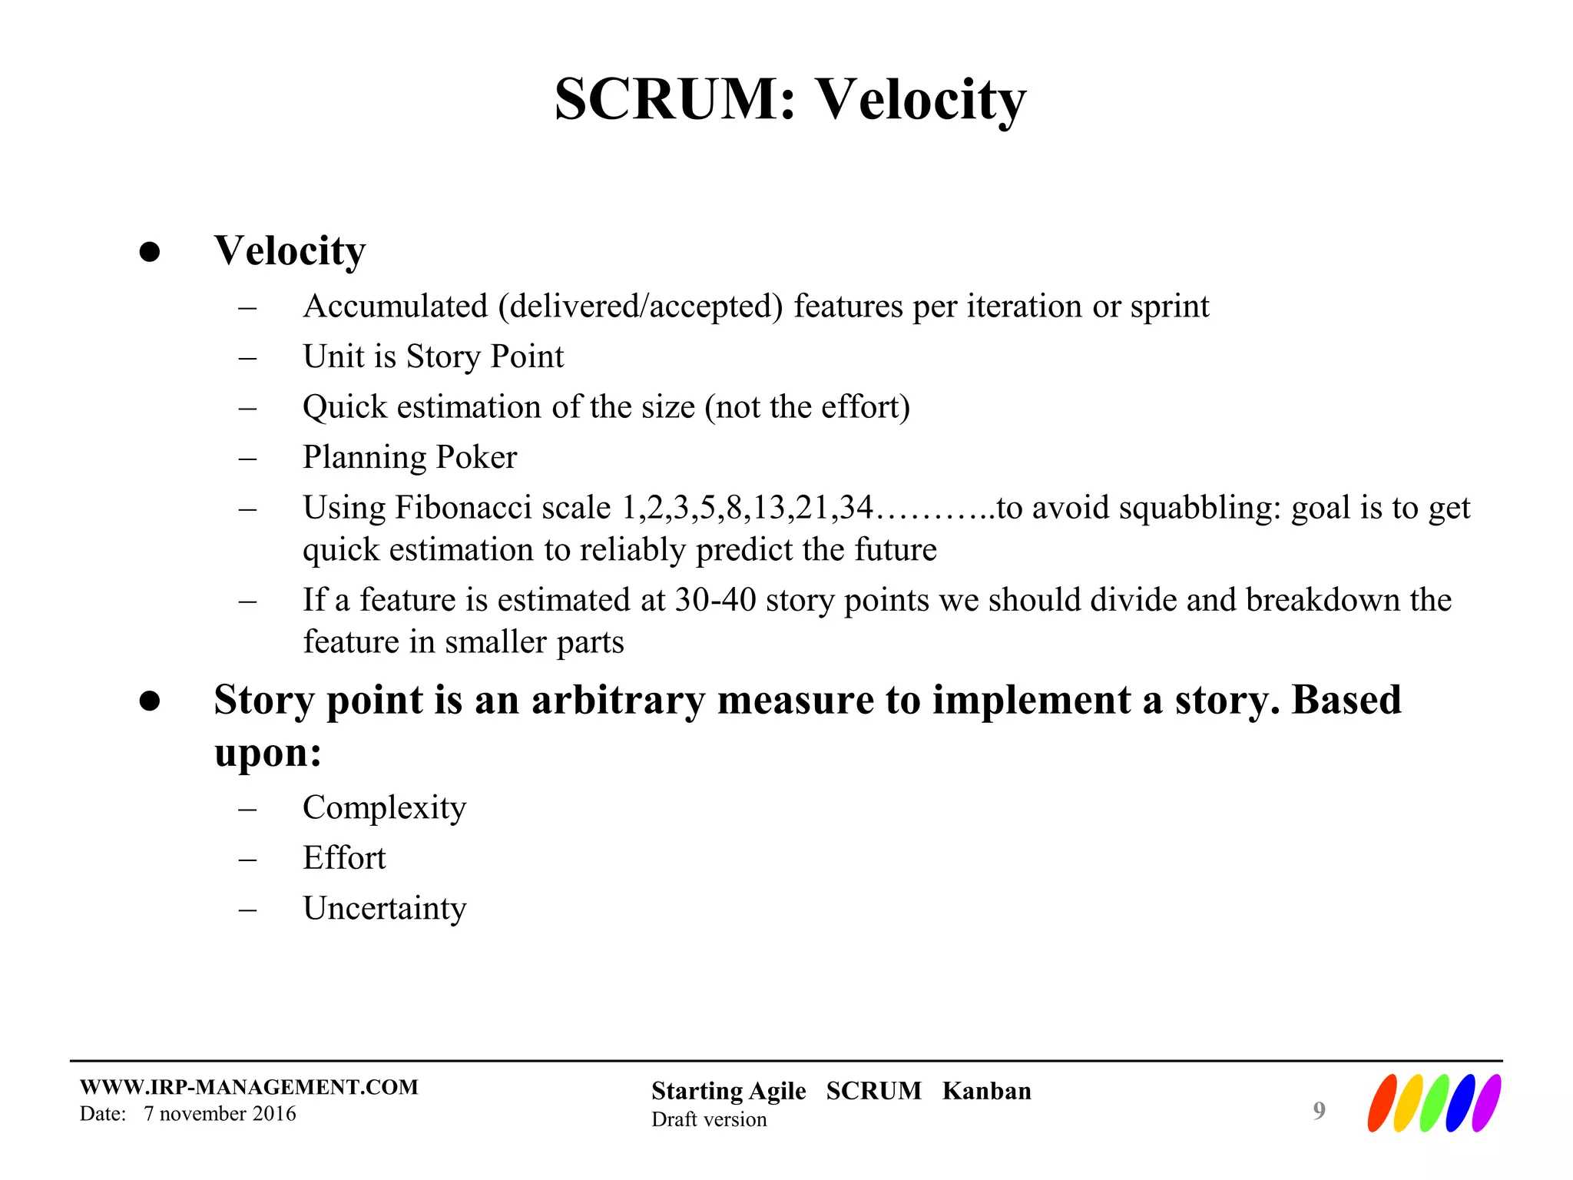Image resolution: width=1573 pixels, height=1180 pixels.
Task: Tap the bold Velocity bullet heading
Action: click(290, 251)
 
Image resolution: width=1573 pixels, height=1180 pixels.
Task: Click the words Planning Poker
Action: click(409, 457)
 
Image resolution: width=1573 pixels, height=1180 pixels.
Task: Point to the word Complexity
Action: click(384, 807)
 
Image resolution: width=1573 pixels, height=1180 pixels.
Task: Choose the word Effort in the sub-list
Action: click(344, 858)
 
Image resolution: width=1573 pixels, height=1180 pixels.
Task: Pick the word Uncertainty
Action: click(384, 909)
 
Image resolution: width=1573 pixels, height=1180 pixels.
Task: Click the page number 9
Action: click(1319, 1110)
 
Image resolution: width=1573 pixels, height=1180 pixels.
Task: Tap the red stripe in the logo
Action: click(1382, 1103)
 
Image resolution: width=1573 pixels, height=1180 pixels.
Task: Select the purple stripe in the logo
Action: click(1486, 1103)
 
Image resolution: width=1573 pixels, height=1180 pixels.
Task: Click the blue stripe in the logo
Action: click(1461, 1103)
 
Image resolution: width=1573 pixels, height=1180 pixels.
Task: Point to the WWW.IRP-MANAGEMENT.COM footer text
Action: click(249, 1087)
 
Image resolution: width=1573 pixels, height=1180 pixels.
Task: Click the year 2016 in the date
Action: click(274, 1114)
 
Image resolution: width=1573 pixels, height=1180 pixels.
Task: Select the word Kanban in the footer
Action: click(986, 1091)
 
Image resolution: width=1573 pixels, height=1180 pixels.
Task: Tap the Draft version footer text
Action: click(709, 1119)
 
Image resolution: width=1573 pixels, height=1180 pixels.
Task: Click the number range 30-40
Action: click(715, 600)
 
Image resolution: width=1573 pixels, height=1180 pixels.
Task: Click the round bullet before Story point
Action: click(150, 701)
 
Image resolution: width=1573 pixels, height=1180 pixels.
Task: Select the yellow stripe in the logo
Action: click(1408, 1103)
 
